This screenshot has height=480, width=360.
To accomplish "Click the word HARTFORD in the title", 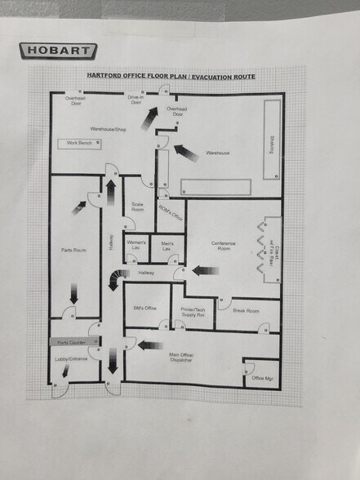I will pyautogui.click(x=106, y=76).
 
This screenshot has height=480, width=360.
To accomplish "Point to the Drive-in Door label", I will pyautogui.click(x=136, y=99).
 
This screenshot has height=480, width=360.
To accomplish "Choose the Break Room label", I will pyautogui.click(x=246, y=311).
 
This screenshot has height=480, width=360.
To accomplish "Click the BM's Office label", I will pyautogui.click(x=144, y=308).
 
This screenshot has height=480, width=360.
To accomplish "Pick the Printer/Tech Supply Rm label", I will pyautogui.click(x=193, y=312).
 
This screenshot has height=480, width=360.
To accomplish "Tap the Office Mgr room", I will pyautogui.click(x=261, y=377).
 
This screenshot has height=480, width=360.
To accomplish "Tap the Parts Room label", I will pyautogui.click(x=73, y=250).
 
